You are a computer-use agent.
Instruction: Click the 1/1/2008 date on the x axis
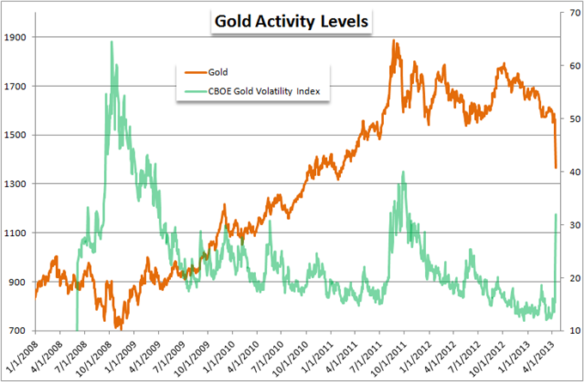click(21, 355)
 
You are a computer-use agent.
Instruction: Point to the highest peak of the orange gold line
click(393, 39)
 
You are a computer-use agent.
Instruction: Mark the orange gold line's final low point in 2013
click(556, 167)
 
